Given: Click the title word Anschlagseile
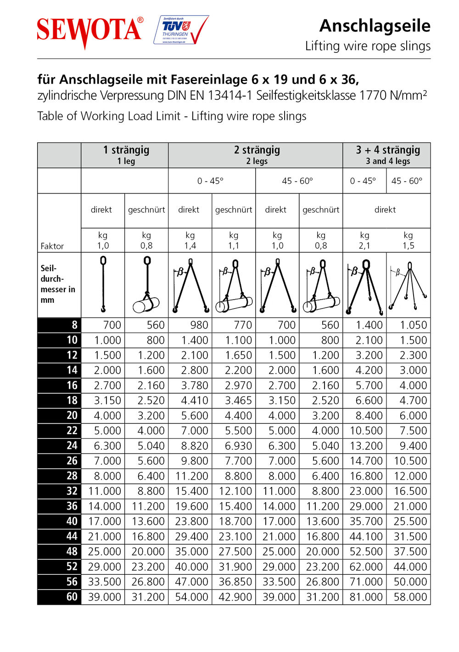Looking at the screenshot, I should point(375,26).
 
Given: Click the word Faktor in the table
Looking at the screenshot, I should point(52,246).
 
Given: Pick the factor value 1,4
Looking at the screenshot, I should point(190,245).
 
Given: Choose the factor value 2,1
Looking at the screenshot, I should point(364,245).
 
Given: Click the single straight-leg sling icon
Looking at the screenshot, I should point(103,284).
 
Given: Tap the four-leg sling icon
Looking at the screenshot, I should point(409,285).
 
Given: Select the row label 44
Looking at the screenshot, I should point(72,536).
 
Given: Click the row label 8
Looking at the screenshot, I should point(74,325).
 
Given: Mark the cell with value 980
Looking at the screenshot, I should point(199,325).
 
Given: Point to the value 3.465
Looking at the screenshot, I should point(238,400).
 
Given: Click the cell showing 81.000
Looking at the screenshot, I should point(366,597).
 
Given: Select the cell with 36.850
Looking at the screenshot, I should point(235,582).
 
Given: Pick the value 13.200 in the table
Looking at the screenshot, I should point(366,446).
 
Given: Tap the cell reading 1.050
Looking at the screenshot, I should point(413,325).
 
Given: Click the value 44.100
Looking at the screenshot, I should point(366,536).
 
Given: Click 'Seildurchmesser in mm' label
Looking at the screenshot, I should point(57,284).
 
